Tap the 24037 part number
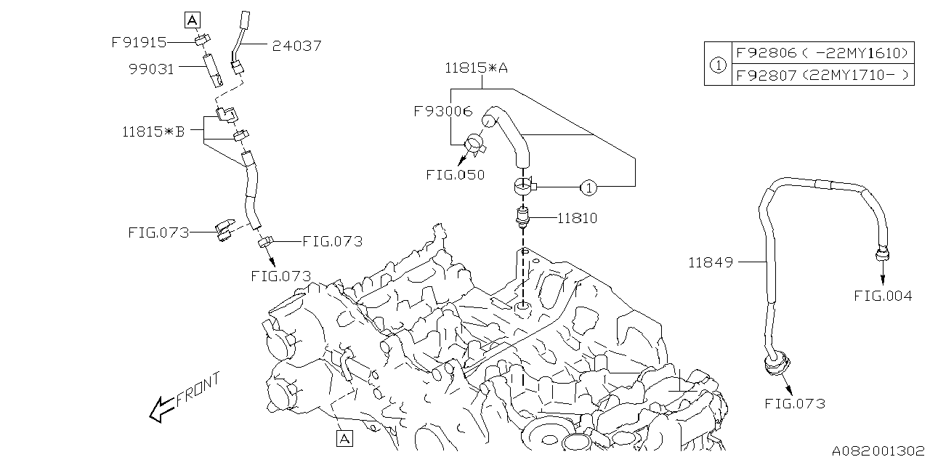296,46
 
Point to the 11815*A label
477,68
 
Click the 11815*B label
153,132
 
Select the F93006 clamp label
442,112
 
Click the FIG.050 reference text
456,175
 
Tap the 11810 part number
578,217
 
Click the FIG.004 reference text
883,296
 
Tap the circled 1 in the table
717,64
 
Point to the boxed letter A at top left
192,20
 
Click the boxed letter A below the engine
344,438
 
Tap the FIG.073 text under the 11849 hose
795,403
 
